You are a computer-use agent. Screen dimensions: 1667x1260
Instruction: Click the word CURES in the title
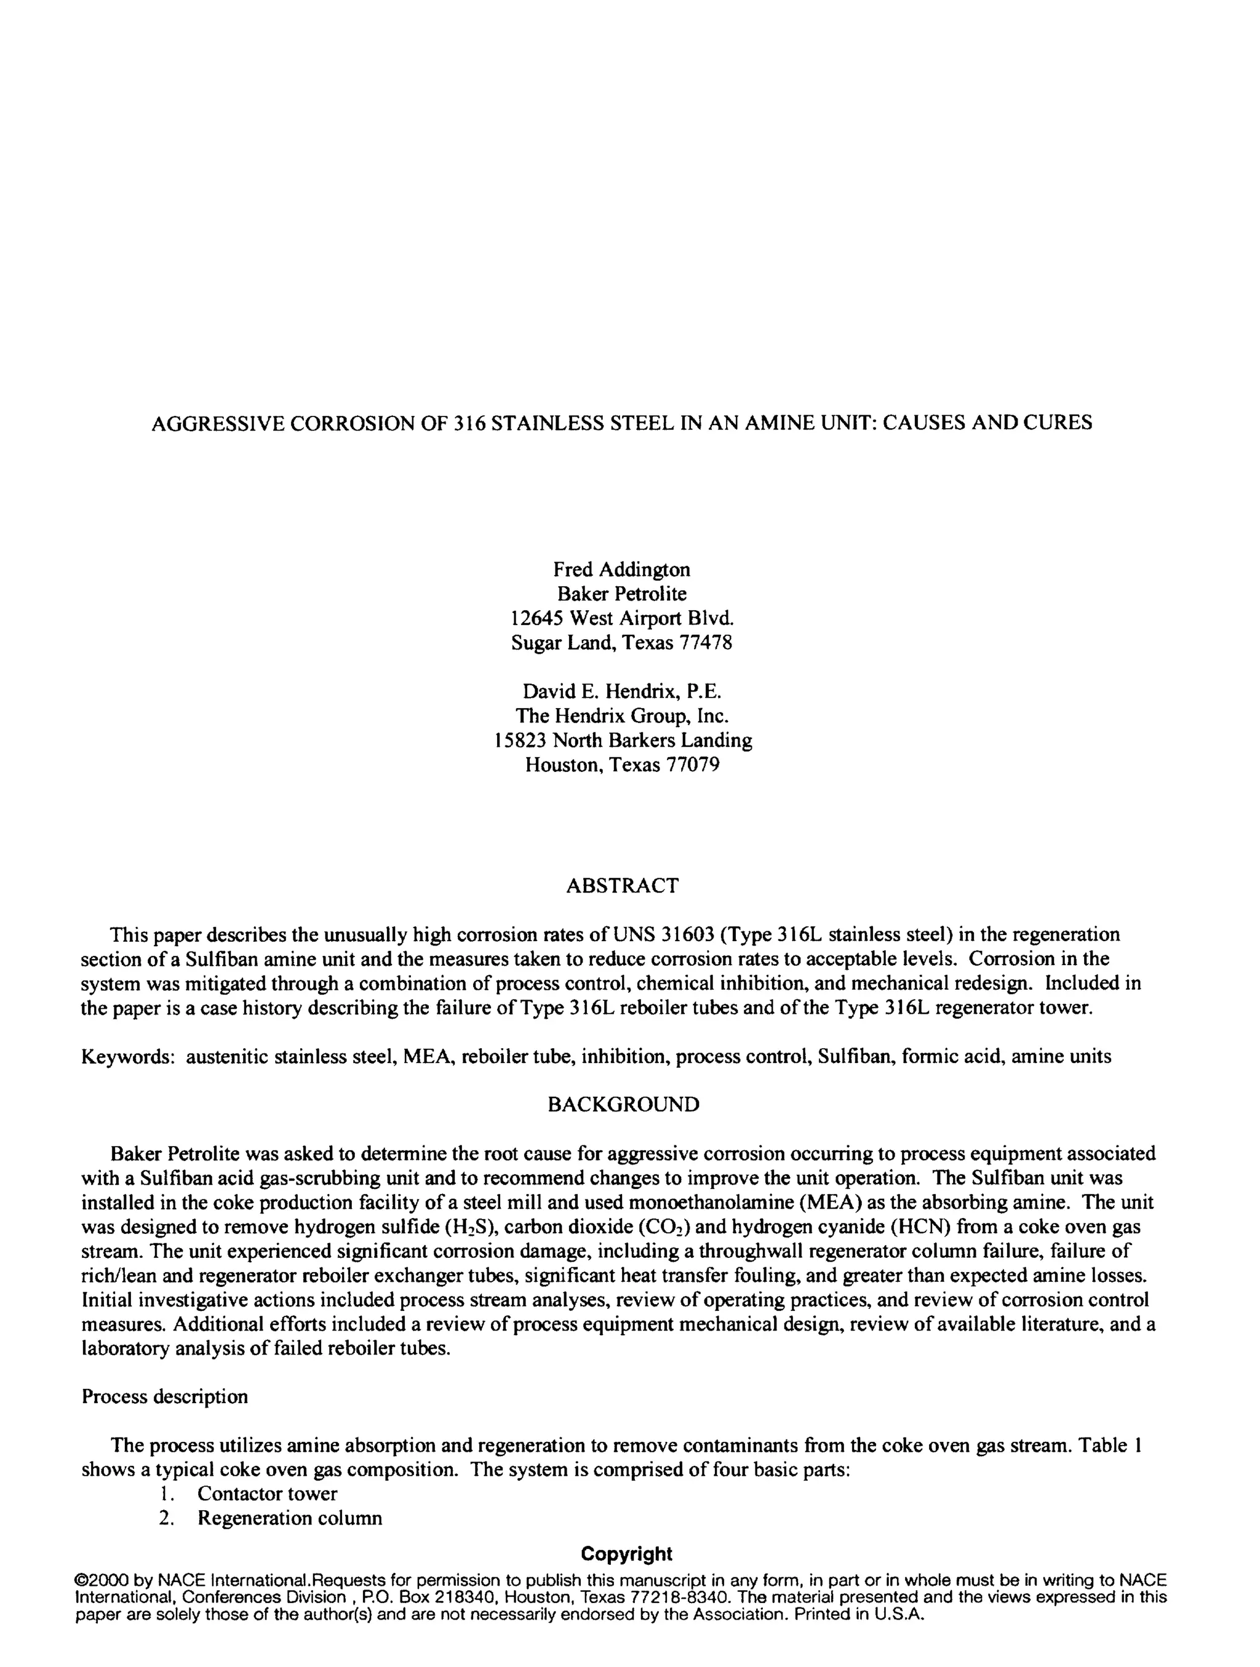[1058, 423]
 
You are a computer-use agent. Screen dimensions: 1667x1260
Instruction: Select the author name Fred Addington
[622, 569]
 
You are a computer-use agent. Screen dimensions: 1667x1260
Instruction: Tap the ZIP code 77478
[706, 642]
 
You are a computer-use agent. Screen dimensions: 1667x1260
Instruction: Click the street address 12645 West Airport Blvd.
[622, 618]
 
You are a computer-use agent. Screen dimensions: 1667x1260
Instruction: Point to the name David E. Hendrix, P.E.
[622, 691]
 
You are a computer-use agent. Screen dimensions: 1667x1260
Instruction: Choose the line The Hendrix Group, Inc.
[622, 715]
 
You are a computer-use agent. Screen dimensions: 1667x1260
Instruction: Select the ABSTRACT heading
[622, 886]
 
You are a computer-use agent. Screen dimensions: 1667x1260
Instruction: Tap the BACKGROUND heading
[623, 1105]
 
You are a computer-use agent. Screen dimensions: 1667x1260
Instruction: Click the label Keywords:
[128, 1057]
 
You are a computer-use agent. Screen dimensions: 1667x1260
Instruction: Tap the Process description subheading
[164, 1396]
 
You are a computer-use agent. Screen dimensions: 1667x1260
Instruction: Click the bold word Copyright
[626, 1554]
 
